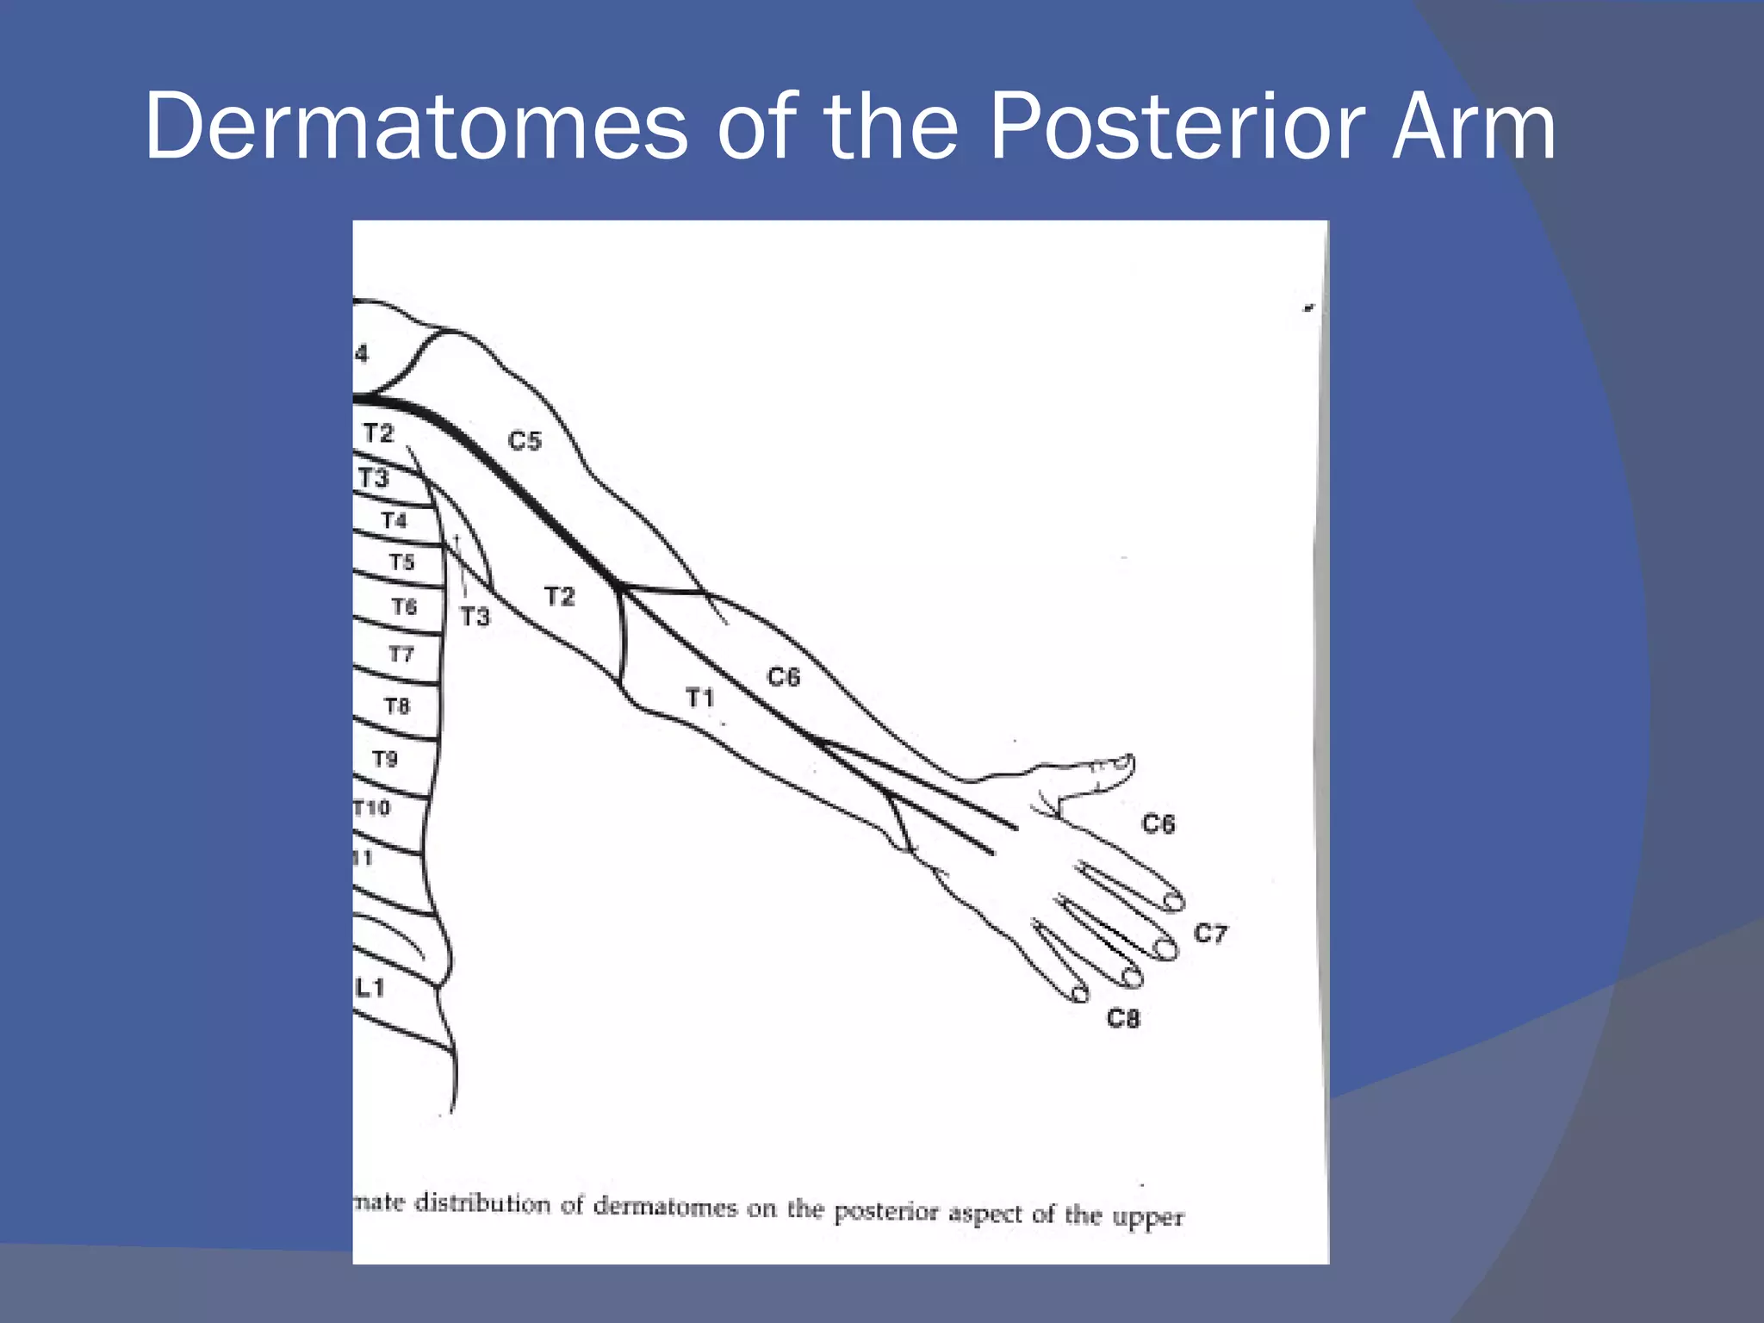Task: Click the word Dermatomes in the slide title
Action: click(x=416, y=127)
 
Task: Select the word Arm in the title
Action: click(x=1474, y=127)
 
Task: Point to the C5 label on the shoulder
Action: click(x=525, y=441)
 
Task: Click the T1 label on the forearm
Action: click(x=700, y=697)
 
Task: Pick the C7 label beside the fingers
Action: click(x=1210, y=934)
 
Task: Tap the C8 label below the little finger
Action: click(x=1123, y=1019)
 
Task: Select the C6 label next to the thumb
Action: click(x=1158, y=824)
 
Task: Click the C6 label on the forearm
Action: click(x=784, y=677)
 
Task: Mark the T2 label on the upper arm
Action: click(x=559, y=596)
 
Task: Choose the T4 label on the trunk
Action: click(x=394, y=520)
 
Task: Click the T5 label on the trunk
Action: click(x=401, y=562)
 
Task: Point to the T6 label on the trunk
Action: click(x=404, y=607)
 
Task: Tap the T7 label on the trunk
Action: click(x=401, y=655)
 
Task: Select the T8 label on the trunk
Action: click(x=397, y=706)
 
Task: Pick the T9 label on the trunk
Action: click(x=385, y=759)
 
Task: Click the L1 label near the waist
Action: click(x=370, y=988)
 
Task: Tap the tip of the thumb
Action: click(x=1127, y=761)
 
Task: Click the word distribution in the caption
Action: click(x=482, y=1203)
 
